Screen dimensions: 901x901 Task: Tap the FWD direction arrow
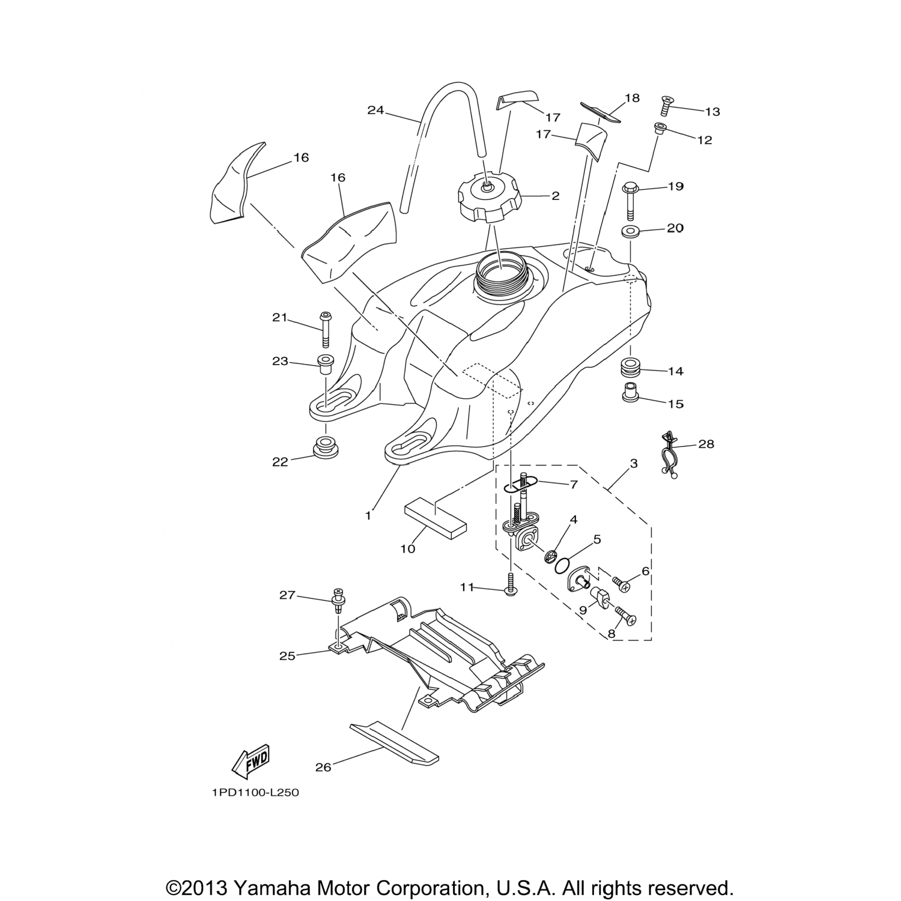tap(250, 762)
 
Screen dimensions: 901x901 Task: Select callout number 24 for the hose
tap(375, 110)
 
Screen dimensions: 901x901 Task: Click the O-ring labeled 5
tap(563, 565)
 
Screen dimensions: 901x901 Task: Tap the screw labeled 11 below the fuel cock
tap(510, 584)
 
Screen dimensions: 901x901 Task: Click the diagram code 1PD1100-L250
tap(255, 793)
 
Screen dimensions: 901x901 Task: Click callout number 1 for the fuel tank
tap(368, 515)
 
